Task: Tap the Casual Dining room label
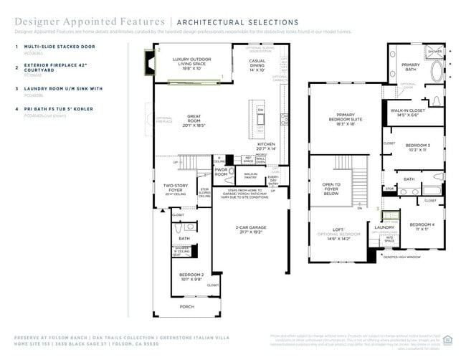click(257, 65)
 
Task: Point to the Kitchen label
click(267, 146)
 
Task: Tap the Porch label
click(186, 306)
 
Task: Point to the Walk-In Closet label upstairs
click(407, 113)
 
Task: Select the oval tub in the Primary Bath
click(437, 72)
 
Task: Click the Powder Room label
click(222, 172)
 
